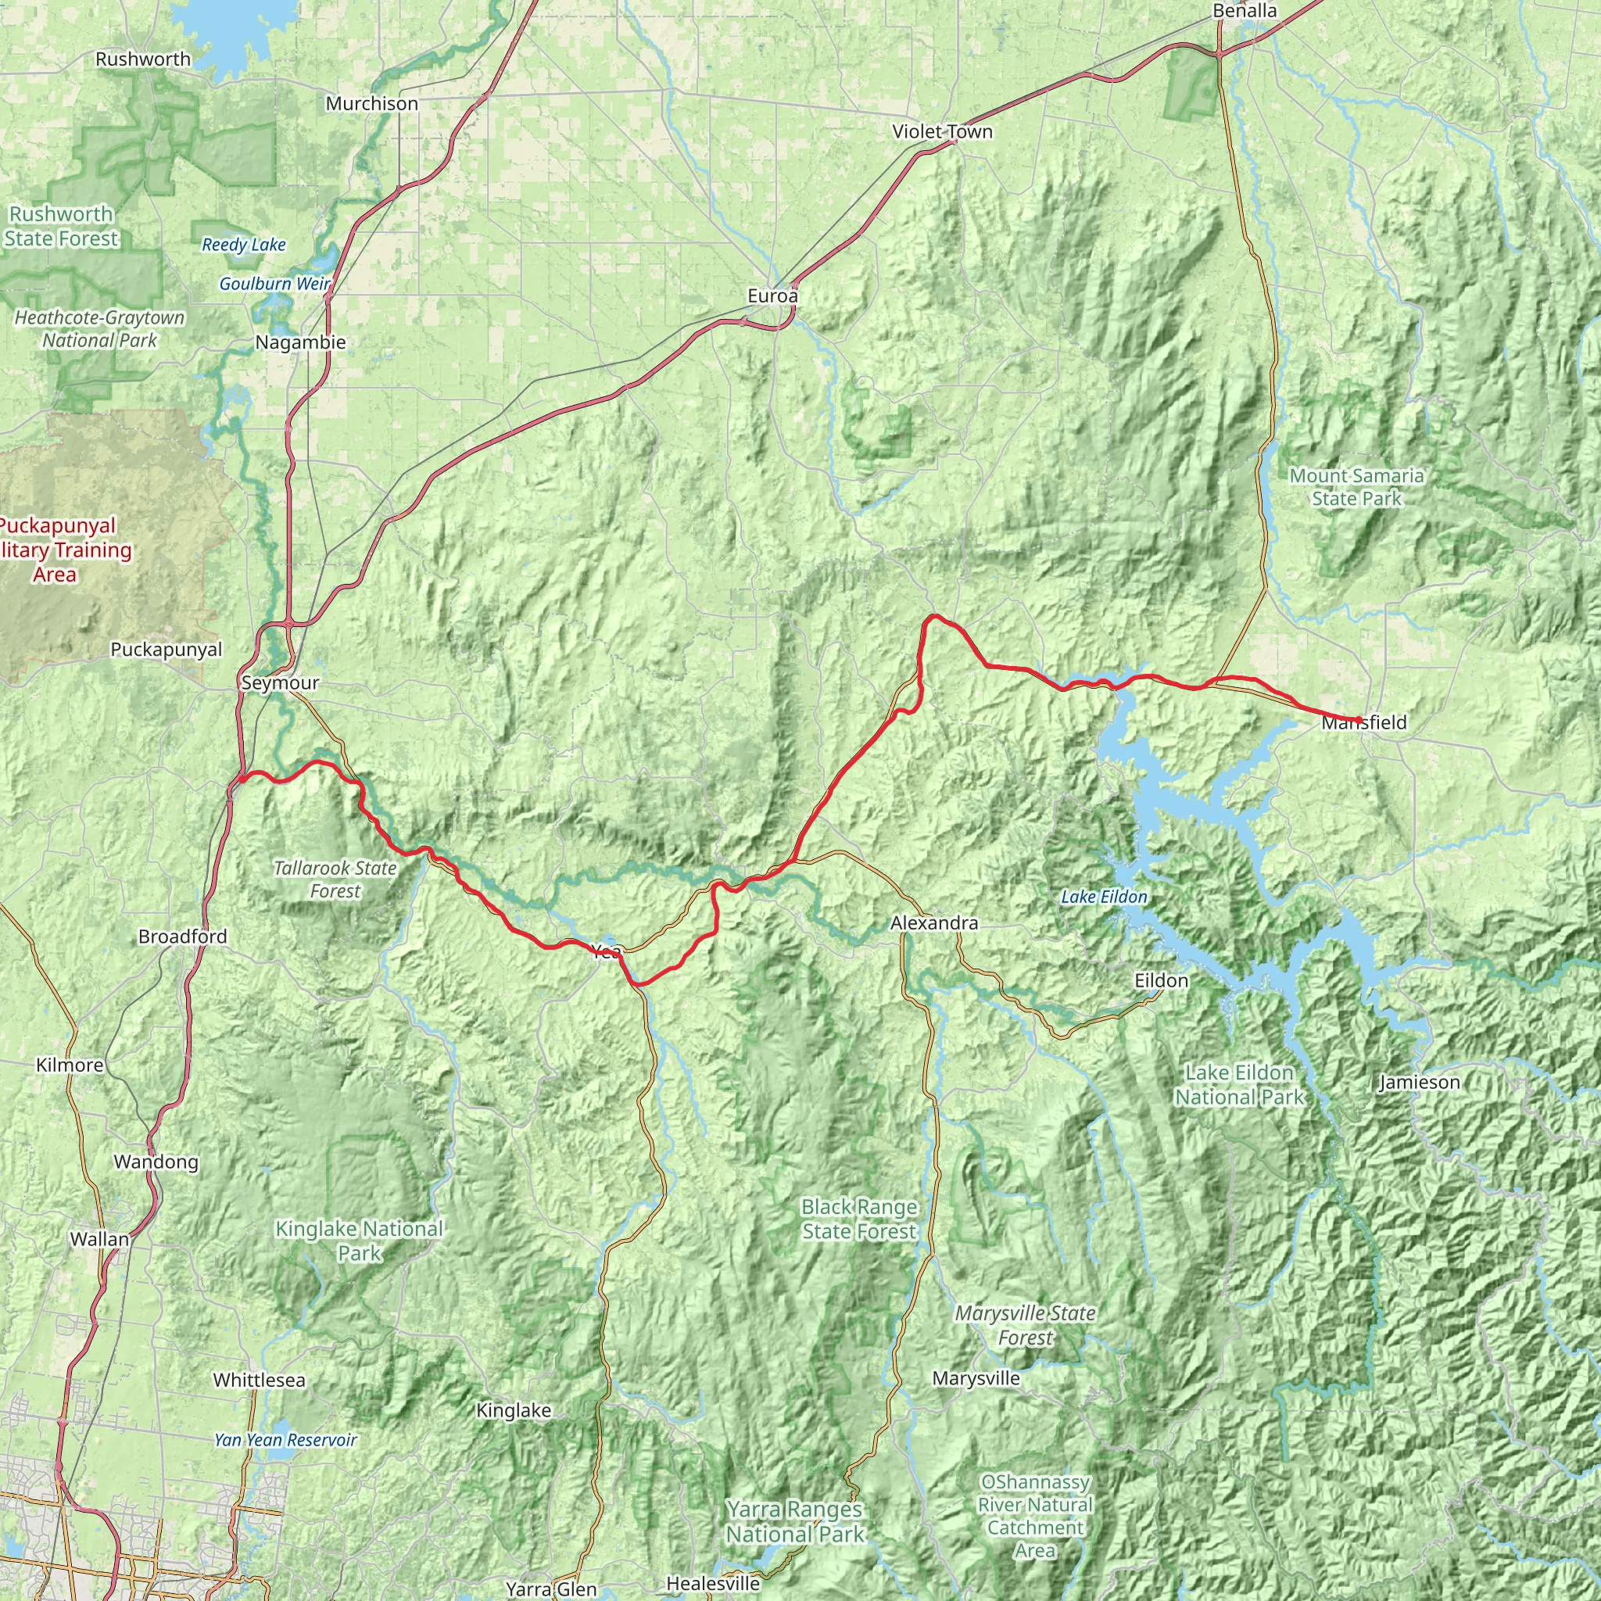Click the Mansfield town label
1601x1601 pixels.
click(1364, 722)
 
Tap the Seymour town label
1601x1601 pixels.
click(280, 682)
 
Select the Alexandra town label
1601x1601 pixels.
click(934, 922)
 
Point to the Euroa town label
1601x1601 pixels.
click(772, 295)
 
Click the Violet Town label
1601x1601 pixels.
click(942, 132)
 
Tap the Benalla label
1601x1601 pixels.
click(1244, 11)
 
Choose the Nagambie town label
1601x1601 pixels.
click(300, 342)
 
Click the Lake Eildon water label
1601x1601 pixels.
click(1104, 897)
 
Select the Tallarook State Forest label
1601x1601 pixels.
click(335, 879)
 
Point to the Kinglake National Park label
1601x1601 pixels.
click(359, 1241)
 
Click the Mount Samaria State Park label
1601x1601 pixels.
click(1356, 486)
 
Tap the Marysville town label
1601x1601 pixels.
click(976, 1378)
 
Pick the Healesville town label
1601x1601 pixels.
click(713, 1584)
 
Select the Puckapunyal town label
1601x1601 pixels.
click(167, 650)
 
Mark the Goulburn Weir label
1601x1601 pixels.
click(274, 284)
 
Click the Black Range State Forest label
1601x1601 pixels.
click(859, 1219)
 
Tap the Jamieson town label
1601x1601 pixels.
click(1420, 1082)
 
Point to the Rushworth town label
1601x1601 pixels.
click(142, 59)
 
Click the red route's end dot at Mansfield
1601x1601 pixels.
click(1359, 719)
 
